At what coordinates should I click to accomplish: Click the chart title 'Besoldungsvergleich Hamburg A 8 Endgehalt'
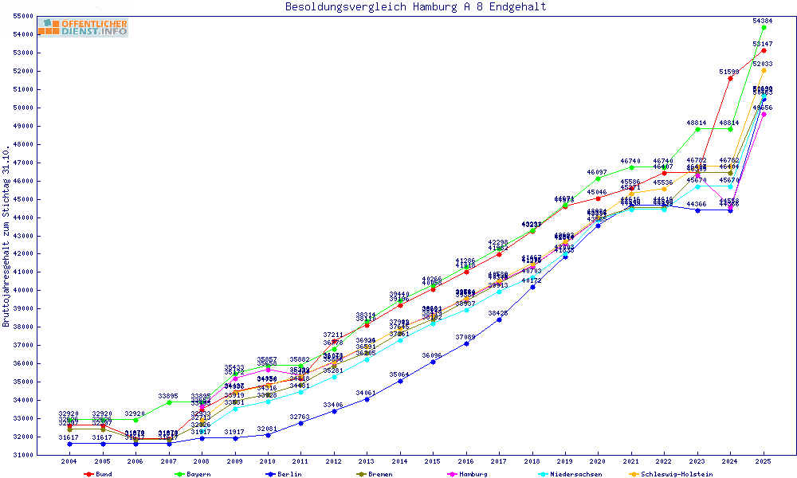pyautogui.click(x=415, y=7)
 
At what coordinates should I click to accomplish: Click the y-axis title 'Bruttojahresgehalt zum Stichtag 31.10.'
pyautogui.click(x=7, y=236)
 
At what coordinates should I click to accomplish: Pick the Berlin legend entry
pyautogui.click(x=289, y=474)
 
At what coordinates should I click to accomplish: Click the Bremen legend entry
pyautogui.click(x=379, y=474)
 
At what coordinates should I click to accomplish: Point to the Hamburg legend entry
pyautogui.click(x=473, y=474)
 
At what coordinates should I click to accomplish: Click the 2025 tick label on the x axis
pyautogui.click(x=764, y=461)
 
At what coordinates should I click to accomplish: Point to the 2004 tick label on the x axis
pyautogui.click(x=69, y=461)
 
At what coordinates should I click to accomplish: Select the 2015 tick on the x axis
pyautogui.click(x=433, y=461)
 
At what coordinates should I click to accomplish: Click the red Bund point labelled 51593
pyautogui.click(x=730, y=78)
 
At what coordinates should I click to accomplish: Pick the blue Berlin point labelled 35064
pyautogui.click(x=400, y=381)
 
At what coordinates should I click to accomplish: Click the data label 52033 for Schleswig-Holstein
pyautogui.click(x=763, y=64)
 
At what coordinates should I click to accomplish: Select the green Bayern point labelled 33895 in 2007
pyautogui.click(x=169, y=402)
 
